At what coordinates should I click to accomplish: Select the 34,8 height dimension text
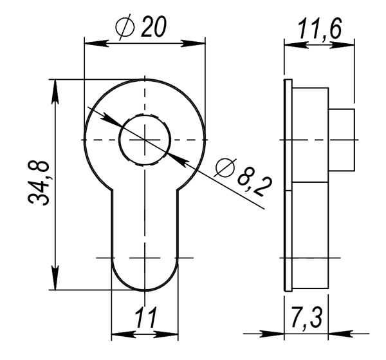point(41,184)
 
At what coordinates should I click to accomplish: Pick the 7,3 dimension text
point(306,319)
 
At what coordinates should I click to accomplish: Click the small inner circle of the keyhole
point(145,140)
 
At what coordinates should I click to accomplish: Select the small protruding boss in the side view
point(342,140)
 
